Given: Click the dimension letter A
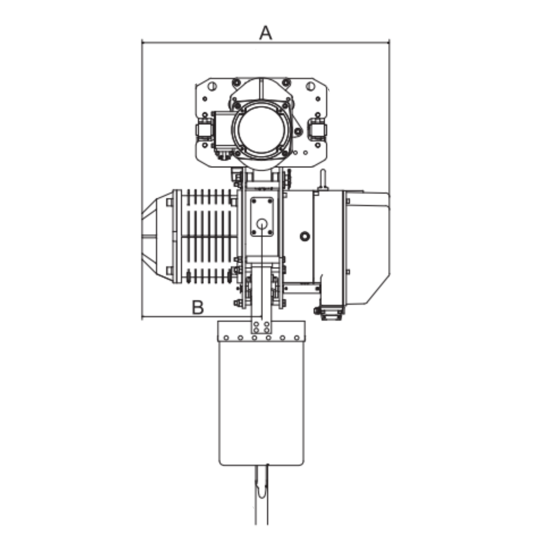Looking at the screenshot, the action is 266,33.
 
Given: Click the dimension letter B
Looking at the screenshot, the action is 198,307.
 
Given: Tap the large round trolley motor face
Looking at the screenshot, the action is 261,131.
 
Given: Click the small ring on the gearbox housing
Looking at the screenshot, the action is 305,236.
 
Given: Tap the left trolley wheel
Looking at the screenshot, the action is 204,130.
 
